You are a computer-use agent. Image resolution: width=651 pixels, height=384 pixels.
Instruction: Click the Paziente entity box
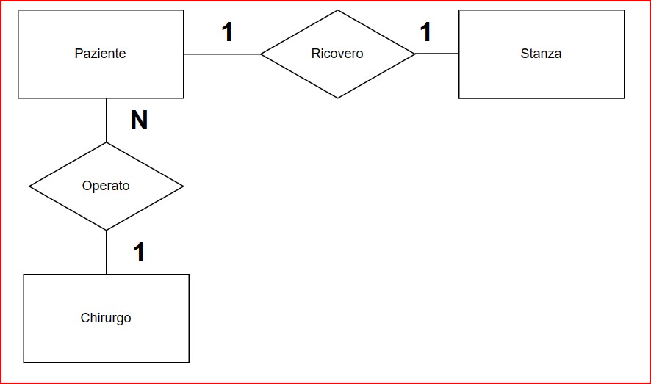coord(101,54)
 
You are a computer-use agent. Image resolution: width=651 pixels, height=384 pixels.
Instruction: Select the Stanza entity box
coord(542,54)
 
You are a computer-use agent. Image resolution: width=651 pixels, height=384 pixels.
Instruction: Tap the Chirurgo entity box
coord(106,318)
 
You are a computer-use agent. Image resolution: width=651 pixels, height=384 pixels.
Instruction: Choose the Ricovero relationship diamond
coord(338,54)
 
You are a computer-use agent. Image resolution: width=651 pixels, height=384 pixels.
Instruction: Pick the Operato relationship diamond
coord(106,186)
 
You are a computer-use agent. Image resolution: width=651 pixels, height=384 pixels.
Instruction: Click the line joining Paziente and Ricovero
coord(222,54)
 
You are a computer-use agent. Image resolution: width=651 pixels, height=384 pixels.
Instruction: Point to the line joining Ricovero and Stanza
coord(437,54)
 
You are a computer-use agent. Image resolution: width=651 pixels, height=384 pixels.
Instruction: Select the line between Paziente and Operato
coord(107,120)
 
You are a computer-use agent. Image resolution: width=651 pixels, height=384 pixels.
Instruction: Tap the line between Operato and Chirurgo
coord(107,252)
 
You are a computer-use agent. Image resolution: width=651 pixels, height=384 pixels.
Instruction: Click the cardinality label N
coord(140,120)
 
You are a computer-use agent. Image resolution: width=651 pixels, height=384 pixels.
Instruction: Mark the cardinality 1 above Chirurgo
coord(139,253)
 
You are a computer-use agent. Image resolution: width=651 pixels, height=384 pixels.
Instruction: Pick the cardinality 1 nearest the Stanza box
coord(425,32)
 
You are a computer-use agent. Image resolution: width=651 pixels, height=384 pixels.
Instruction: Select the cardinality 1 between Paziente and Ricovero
coord(227,32)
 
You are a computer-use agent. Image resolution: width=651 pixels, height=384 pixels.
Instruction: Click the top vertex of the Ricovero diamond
coord(338,10)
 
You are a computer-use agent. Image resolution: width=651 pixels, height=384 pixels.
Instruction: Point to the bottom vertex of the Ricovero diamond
coord(338,98)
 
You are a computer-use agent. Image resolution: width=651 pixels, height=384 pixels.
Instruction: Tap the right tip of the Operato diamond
coord(183,186)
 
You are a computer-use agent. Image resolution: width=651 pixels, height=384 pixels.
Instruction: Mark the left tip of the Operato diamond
coord(29,186)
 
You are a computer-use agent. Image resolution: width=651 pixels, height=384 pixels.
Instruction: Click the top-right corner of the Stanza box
coord(625,10)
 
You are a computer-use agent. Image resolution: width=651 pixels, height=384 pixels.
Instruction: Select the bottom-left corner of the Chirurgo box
coord(24,362)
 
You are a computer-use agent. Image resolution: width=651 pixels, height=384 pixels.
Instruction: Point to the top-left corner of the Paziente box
coord(18,10)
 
